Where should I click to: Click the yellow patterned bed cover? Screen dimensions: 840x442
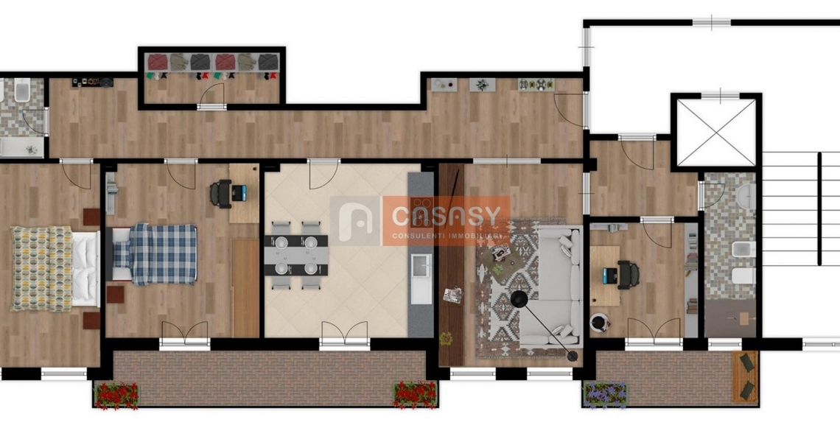coord(42,268)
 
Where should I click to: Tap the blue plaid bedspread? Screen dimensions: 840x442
coord(163,254)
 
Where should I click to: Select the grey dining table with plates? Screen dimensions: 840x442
coord(295,255)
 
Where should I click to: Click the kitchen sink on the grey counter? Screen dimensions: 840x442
coord(421,265)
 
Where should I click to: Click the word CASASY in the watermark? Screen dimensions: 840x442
coord(446,216)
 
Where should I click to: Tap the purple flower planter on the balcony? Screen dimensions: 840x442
coord(605,396)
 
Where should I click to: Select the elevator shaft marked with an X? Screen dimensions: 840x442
coord(715,133)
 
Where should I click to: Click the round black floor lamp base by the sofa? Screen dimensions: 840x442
coord(519,299)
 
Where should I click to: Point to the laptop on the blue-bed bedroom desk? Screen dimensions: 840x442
coord(239,193)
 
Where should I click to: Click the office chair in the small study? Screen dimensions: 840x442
coord(628,275)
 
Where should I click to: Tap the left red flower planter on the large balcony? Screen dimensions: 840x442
coord(116,395)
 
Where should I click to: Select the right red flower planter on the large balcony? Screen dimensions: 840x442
coord(415,395)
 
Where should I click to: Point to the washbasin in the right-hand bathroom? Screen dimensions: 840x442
coord(745,196)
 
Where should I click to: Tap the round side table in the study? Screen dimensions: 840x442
coord(600,322)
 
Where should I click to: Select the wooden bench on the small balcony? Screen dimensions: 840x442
coord(746,376)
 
